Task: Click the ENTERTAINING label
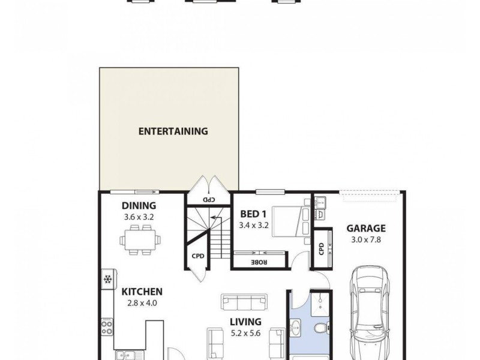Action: click(173, 131)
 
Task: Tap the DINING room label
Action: click(139, 206)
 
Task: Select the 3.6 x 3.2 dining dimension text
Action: click(139, 217)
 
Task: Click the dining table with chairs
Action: click(140, 240)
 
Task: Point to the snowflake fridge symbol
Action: click(108, 280)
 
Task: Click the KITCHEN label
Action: click(142, 292)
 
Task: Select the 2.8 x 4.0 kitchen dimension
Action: click(142, 303)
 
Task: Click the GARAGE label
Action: click(365, 228)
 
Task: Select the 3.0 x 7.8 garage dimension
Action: click(365, 239)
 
